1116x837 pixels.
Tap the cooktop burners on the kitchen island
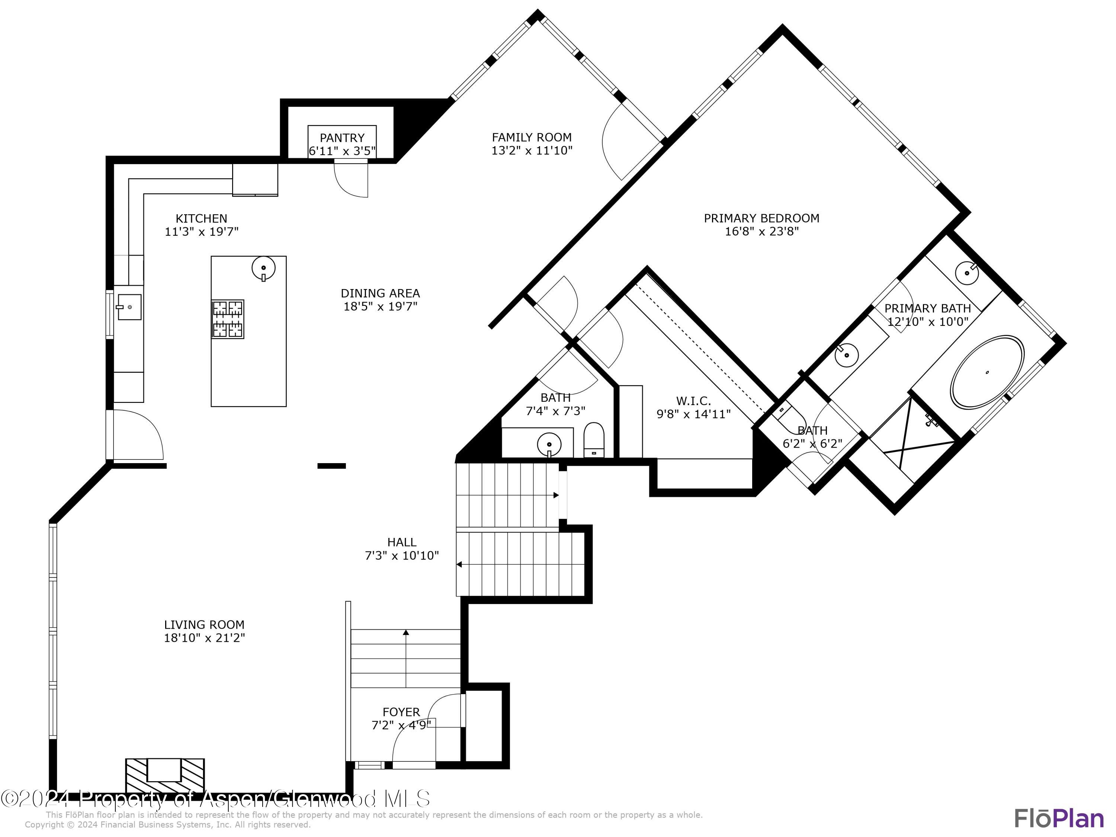tap(228, 319)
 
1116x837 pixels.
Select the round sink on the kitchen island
tap(263, 268)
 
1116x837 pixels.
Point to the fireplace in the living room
tap(164, 776)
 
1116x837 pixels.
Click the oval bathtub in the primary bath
tap(987, 373)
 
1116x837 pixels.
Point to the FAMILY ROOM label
tap(531, 137)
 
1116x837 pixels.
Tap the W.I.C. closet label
tap(693, 401)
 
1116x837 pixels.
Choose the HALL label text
tap(402, 542)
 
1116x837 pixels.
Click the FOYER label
tap(401, 712)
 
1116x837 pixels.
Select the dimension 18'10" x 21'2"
tap(204, 638)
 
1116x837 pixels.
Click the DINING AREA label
tap(380, 293)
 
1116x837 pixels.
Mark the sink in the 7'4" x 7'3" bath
tap(549, 445)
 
